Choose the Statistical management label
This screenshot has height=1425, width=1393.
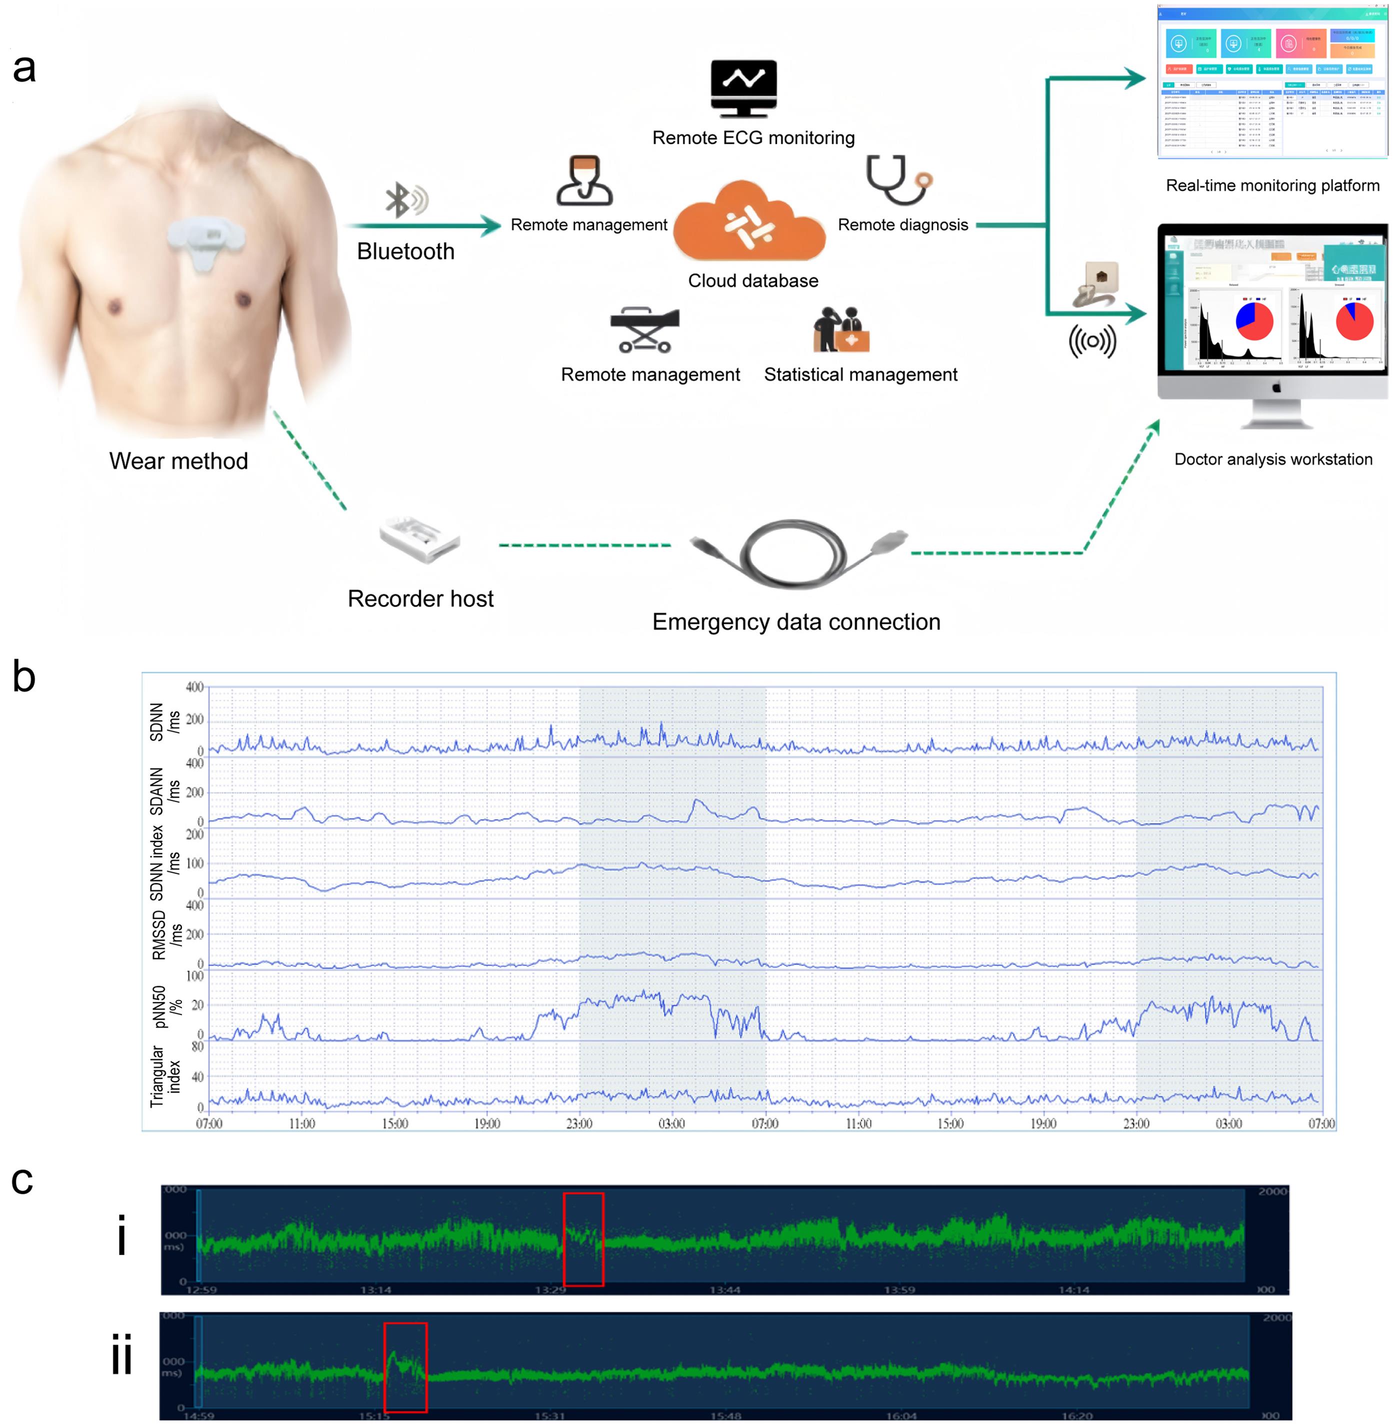(x=860, y=374)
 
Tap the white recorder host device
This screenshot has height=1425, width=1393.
(x=419, y=540)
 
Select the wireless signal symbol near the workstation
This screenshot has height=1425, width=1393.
(x=1092, y=341)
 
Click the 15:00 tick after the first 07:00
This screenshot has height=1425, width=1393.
(x=394, y=1123)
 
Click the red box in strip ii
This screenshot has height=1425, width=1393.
(x=405, y=1367)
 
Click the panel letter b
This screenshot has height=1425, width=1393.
(x=24, y=677)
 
